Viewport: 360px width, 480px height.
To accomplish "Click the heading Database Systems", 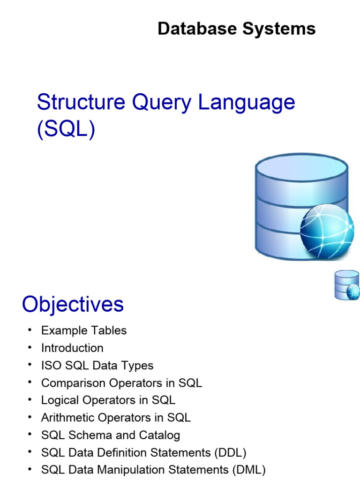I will point(236,29).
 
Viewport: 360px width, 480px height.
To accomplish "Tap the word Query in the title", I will point(162,102).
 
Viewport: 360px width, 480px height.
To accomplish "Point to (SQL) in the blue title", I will point(66,129).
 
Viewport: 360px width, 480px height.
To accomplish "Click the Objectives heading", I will point(73,305).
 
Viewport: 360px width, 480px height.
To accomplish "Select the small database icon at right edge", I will point(347,285).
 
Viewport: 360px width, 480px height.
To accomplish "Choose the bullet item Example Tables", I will point(83,330).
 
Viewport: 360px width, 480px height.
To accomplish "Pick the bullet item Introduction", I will point(72,348).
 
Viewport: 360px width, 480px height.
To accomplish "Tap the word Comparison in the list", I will point(74,383).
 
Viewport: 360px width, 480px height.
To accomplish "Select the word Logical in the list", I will point(59,400).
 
